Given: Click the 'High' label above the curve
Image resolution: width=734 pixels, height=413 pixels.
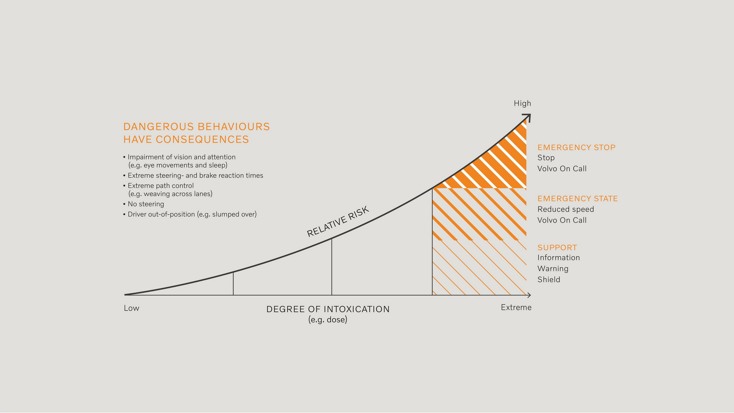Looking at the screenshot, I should coord(522,103).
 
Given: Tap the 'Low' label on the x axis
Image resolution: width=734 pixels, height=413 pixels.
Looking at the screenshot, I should coord(132,308).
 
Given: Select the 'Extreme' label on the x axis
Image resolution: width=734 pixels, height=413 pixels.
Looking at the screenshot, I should coord(516,307).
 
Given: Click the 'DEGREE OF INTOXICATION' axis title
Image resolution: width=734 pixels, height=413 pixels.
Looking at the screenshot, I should coord(328,309).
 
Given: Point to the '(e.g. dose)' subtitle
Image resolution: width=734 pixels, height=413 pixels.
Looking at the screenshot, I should coord(328,320).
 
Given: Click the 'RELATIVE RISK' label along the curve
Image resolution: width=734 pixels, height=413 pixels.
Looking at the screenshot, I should coord(338,221).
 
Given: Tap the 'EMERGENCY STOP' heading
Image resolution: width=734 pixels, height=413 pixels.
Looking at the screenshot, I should coord(576,147).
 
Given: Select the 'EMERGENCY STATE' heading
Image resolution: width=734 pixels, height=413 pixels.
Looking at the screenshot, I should coord(577,198).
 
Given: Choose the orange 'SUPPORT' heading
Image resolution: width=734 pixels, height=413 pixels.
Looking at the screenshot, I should coord(557,247).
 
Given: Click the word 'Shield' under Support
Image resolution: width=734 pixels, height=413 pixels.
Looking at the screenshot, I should coord(549,280).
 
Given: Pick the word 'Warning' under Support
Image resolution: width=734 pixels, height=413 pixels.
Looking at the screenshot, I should coord(553,268).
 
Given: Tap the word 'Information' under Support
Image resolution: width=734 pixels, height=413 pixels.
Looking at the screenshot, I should coord(559,258).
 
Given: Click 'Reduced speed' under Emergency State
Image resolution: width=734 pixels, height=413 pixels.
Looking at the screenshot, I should coord(565,209).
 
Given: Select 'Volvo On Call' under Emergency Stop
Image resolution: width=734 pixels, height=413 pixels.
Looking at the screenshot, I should coord(562,169).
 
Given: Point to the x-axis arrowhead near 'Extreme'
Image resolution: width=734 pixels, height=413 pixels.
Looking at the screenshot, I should coord(529,295).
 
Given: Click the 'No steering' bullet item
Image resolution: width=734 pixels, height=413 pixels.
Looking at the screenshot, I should coord(146,204).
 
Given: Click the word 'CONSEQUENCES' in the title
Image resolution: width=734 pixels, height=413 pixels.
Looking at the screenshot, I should coord(202,139).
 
